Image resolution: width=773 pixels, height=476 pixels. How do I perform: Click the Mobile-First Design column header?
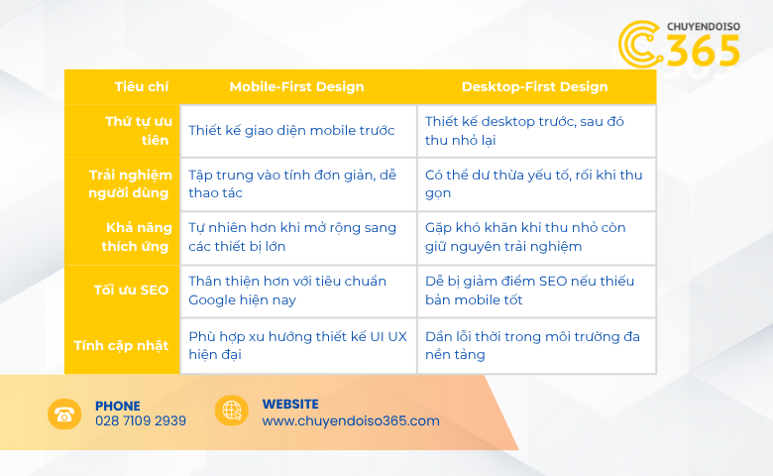[x=296, y=87]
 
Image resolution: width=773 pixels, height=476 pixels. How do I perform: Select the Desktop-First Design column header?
[x=534, y=87]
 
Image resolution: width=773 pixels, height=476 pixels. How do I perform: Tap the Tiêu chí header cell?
[x=142, y=87]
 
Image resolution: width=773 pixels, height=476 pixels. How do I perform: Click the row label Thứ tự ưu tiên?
[x=138, y=131]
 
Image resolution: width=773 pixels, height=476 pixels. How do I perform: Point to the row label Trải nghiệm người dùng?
[x=130, y=184]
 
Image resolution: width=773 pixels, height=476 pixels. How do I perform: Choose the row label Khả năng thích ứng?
[x=136, y=237]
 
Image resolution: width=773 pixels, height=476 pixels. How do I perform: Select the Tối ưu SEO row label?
[x=131, y=290]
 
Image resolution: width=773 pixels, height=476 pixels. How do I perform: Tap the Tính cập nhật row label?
[x=121, y=345]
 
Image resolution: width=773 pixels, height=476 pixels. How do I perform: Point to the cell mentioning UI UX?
[x=297, y=345]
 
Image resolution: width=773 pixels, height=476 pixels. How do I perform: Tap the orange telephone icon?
[x=64, y=414]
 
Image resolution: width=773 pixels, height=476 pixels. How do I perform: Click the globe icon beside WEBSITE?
[x=232, y=411]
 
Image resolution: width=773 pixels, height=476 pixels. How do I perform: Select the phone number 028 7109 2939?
[x=141, y=420]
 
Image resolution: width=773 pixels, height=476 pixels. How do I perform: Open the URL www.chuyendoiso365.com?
[x=351, y=420]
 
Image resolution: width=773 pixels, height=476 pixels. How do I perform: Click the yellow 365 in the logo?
[x=703, y=51]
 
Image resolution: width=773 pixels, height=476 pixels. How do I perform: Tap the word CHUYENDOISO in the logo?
[x=704, y=26]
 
